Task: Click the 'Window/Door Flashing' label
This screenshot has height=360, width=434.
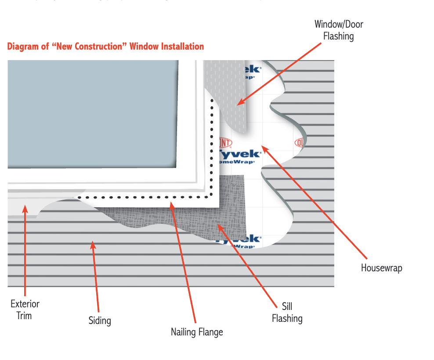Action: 338,30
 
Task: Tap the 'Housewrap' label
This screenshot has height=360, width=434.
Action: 381,268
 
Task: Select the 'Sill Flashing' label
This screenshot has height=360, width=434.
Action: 287,312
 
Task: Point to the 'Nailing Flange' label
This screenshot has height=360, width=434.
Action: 197,332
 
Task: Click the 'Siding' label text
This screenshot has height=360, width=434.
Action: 100,320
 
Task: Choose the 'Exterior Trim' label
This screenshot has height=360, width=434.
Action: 25,309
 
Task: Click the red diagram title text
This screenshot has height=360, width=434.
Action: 105,47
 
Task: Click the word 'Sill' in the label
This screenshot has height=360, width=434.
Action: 287,306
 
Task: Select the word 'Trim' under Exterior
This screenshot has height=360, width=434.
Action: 24,315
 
